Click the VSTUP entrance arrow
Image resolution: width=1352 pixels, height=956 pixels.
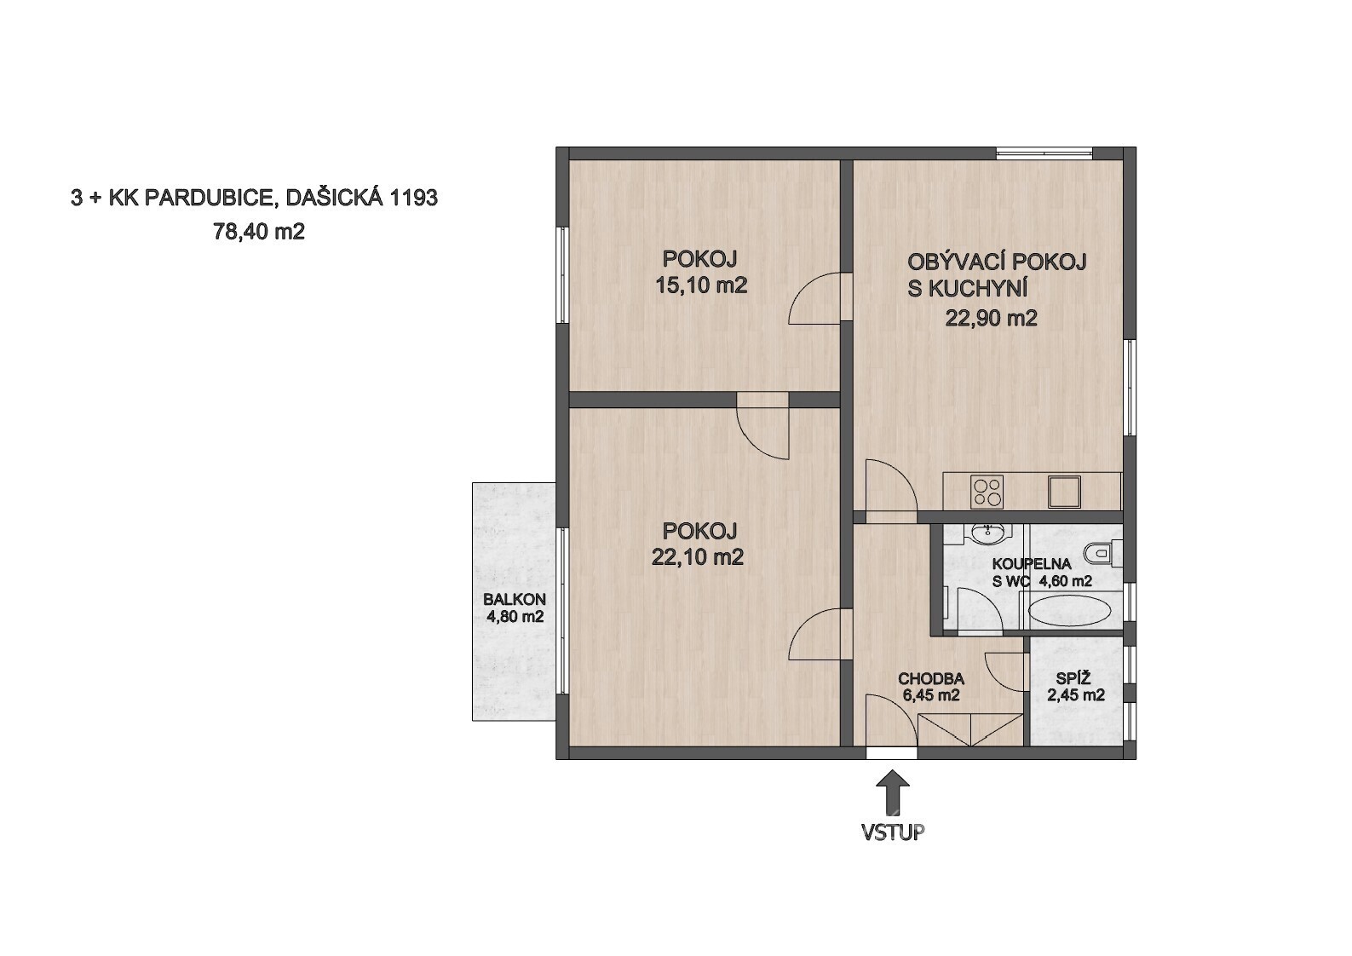click(892, 793)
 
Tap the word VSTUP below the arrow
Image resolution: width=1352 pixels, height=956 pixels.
click(893, 832)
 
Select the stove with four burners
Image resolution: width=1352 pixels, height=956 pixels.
click(987, 492)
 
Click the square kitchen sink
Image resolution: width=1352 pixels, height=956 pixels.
click(1064, 492)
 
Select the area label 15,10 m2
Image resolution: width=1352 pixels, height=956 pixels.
click(701, 285)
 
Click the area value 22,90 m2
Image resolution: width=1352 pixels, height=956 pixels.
click(991, 318)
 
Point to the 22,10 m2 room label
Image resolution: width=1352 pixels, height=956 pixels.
click(697, 557)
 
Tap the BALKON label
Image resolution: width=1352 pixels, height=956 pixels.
click(515, 599)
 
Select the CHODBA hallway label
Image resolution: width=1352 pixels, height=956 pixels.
click(931, 678)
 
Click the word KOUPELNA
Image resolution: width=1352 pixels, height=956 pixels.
click(1032, 564)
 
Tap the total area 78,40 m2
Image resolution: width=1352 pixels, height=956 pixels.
click(258, 231)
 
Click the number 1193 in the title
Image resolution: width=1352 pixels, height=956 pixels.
click(413, 198)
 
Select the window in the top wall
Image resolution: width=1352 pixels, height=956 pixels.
click(1044, 153)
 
